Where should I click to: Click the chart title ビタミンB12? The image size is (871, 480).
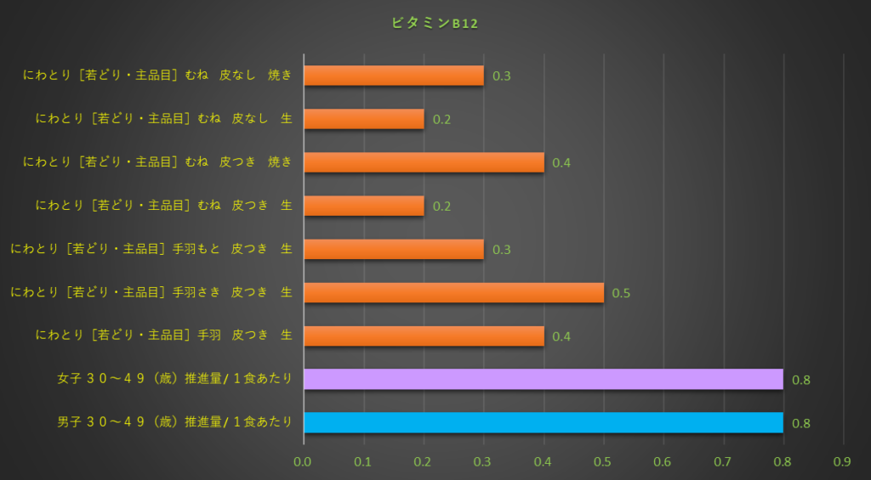point(435,24)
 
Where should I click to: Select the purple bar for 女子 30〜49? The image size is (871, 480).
point(543,379)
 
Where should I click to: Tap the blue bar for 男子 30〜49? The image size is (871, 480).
point(543,422)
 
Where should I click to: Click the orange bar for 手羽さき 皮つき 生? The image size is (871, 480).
point(453,292)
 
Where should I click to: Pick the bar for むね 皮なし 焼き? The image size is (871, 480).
point(393,76)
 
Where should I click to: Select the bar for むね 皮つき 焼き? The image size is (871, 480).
point(424,162)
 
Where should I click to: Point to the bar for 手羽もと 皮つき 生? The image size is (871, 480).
point(393,249)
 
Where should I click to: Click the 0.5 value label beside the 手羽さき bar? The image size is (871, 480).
point(621,293)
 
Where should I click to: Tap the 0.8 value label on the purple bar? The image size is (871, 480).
point(800,380)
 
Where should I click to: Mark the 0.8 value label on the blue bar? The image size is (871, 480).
point(800,423)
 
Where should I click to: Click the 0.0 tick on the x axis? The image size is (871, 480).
point(304,461)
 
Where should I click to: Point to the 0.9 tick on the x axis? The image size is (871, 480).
point(843,461)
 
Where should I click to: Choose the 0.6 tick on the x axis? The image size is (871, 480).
point(663,461)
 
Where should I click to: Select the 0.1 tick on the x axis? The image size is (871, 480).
point(363,461)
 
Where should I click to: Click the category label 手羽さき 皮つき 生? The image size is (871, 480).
point(151,292)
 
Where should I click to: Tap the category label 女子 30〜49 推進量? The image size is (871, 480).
point(174,379)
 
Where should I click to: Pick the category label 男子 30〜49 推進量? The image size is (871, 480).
point(174,422)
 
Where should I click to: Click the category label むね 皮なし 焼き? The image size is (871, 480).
point(158,76)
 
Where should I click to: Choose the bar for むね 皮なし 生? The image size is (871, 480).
point(363,119)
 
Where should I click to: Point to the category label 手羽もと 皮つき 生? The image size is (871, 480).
point(151,249)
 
